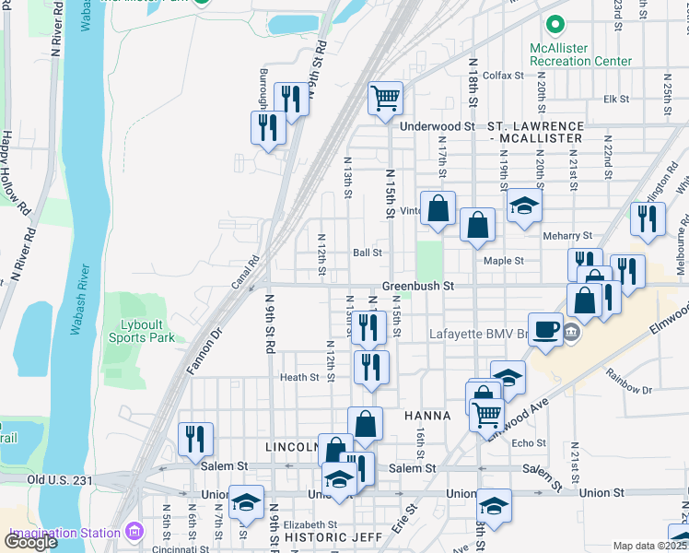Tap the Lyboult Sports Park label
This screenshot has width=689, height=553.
tap(147, 331)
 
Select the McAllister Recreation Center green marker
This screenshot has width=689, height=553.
tap(555, 24)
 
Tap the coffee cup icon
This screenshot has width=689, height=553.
tap(546, 328)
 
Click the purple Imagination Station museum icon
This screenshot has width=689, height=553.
tap(135, 532)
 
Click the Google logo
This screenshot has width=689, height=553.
tap(30, 541)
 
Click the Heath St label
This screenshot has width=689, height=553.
tap(298, 377)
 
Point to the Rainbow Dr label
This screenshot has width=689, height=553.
tap(627, 382)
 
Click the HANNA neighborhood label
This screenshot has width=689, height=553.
tap(427, 416)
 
